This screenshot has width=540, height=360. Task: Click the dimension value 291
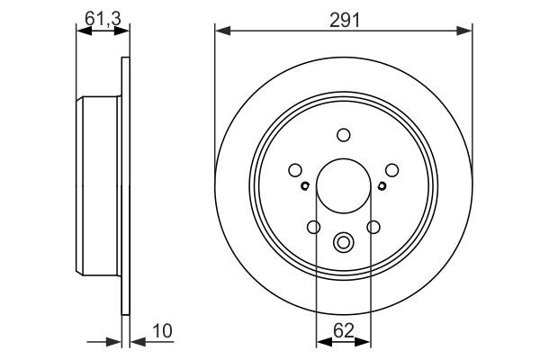(344, 17)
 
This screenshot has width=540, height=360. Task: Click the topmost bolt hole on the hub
(343, 135)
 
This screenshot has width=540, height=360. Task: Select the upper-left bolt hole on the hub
(294, 169)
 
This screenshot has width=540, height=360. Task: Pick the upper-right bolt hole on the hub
(391, 169)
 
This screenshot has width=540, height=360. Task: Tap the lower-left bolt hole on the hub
(313, 227)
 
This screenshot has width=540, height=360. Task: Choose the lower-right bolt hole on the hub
(373, 227)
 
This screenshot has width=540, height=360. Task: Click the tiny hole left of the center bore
(306, 187)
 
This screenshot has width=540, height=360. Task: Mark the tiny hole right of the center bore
(382, 187)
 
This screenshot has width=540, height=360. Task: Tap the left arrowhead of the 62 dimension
(321, 340)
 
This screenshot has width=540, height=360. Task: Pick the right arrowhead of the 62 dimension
(365, 340)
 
